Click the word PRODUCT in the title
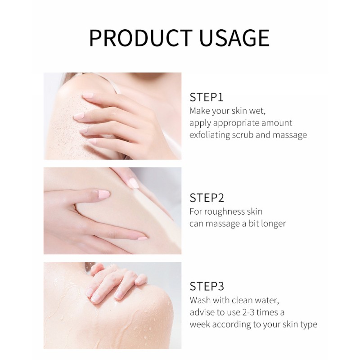tap(141, 38)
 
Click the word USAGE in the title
tap(234, 38)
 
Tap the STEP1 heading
tap(207, 97)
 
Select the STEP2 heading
tap(207, 198)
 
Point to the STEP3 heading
tap(207, 286)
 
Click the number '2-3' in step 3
tap(248, 312)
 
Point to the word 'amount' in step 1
tap(277, 123)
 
